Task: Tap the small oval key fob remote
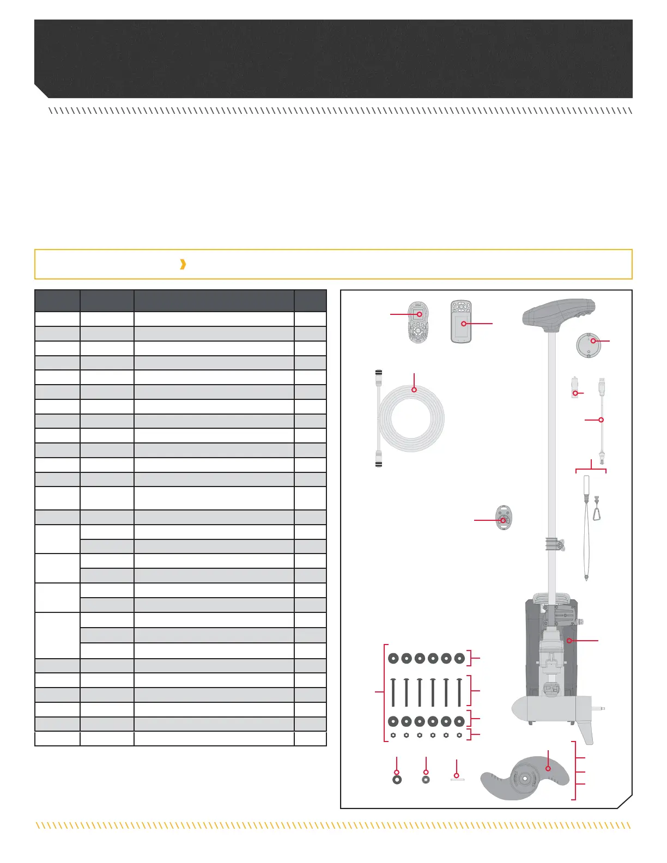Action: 504,518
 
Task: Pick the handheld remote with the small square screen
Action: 418,321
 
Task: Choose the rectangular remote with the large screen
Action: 461,322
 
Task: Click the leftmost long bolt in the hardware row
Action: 393,691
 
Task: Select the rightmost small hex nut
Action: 459,735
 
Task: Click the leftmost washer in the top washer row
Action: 393,658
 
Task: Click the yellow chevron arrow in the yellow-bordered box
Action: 183,264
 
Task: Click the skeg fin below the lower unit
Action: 586,733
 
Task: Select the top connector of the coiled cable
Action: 378,379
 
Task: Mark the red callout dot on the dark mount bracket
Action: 569,641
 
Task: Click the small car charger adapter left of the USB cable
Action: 574,388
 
